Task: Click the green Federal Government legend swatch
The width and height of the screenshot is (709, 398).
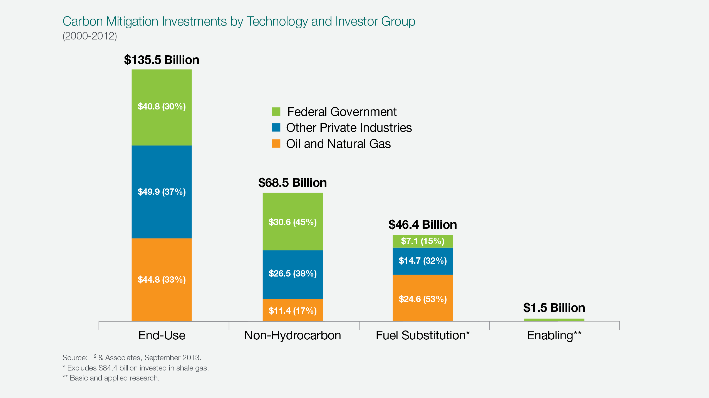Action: pos(276,112)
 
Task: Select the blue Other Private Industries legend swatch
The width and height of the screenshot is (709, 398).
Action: pos(276,128)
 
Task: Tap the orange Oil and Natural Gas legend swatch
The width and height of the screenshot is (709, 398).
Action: pos(276,144)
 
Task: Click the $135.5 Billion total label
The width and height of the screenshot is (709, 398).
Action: pos(162,60)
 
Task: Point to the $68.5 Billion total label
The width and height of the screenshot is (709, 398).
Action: pos(292,183)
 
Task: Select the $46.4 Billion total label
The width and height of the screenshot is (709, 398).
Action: pos(423,225)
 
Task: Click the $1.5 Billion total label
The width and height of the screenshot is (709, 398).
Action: pos(554,308)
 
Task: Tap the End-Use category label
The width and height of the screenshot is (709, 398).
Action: pos(162,335)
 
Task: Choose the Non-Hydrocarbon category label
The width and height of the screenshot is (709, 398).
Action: pos(292,335)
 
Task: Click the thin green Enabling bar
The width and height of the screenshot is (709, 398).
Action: pos(554,320)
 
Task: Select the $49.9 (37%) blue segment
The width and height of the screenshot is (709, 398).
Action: pos(162,192)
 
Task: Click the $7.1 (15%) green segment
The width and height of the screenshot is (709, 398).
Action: pos(423,241)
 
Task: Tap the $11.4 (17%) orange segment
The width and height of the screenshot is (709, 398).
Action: pos(292,310)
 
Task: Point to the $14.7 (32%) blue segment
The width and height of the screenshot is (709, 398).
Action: pos(423,261)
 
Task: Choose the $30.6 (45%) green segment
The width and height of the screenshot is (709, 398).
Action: pos(292,222)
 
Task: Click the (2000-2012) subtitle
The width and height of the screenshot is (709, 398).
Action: pos(90,36)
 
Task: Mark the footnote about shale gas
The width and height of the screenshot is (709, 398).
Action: pos(136,368)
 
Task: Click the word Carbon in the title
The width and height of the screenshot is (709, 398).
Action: pos(83,21)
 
